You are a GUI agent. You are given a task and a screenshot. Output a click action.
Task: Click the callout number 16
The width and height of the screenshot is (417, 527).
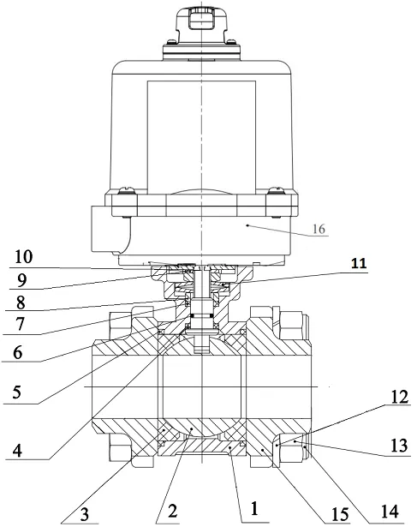point(319,229)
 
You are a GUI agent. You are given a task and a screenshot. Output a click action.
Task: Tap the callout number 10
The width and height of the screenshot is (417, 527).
point(24,257)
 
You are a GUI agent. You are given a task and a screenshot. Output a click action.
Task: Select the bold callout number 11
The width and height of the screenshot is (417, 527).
point(359,263)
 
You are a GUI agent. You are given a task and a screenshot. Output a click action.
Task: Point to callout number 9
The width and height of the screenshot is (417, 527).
point(21,279)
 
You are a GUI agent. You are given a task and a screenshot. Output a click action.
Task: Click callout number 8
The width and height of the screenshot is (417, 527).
point(21,302)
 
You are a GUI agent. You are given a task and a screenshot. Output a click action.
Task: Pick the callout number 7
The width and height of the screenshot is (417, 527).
point(20,324)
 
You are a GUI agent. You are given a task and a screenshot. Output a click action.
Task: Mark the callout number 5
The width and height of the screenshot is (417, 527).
point(17,392)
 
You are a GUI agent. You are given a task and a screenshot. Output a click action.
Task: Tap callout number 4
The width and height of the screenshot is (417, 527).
point(17,451)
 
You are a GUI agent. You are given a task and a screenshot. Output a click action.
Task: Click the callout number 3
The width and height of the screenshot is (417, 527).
point(84,514)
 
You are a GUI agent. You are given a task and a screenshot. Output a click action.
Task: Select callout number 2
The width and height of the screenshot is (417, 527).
point(172,512)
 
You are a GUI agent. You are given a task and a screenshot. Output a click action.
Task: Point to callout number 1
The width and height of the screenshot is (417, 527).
point(254,508)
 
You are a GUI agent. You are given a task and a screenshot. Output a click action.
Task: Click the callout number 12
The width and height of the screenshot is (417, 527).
point(399,398)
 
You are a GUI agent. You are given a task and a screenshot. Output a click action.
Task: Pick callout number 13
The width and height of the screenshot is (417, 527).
point(398,446)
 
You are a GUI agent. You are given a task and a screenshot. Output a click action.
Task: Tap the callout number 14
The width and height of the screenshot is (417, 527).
point(390,512)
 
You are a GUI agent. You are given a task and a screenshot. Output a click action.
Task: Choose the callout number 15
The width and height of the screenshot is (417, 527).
point(340,514)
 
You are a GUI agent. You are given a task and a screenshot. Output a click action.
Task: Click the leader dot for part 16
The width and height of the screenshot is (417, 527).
point(247,225)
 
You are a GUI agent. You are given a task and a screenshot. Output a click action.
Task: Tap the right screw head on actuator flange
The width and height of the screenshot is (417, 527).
point(276,190)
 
